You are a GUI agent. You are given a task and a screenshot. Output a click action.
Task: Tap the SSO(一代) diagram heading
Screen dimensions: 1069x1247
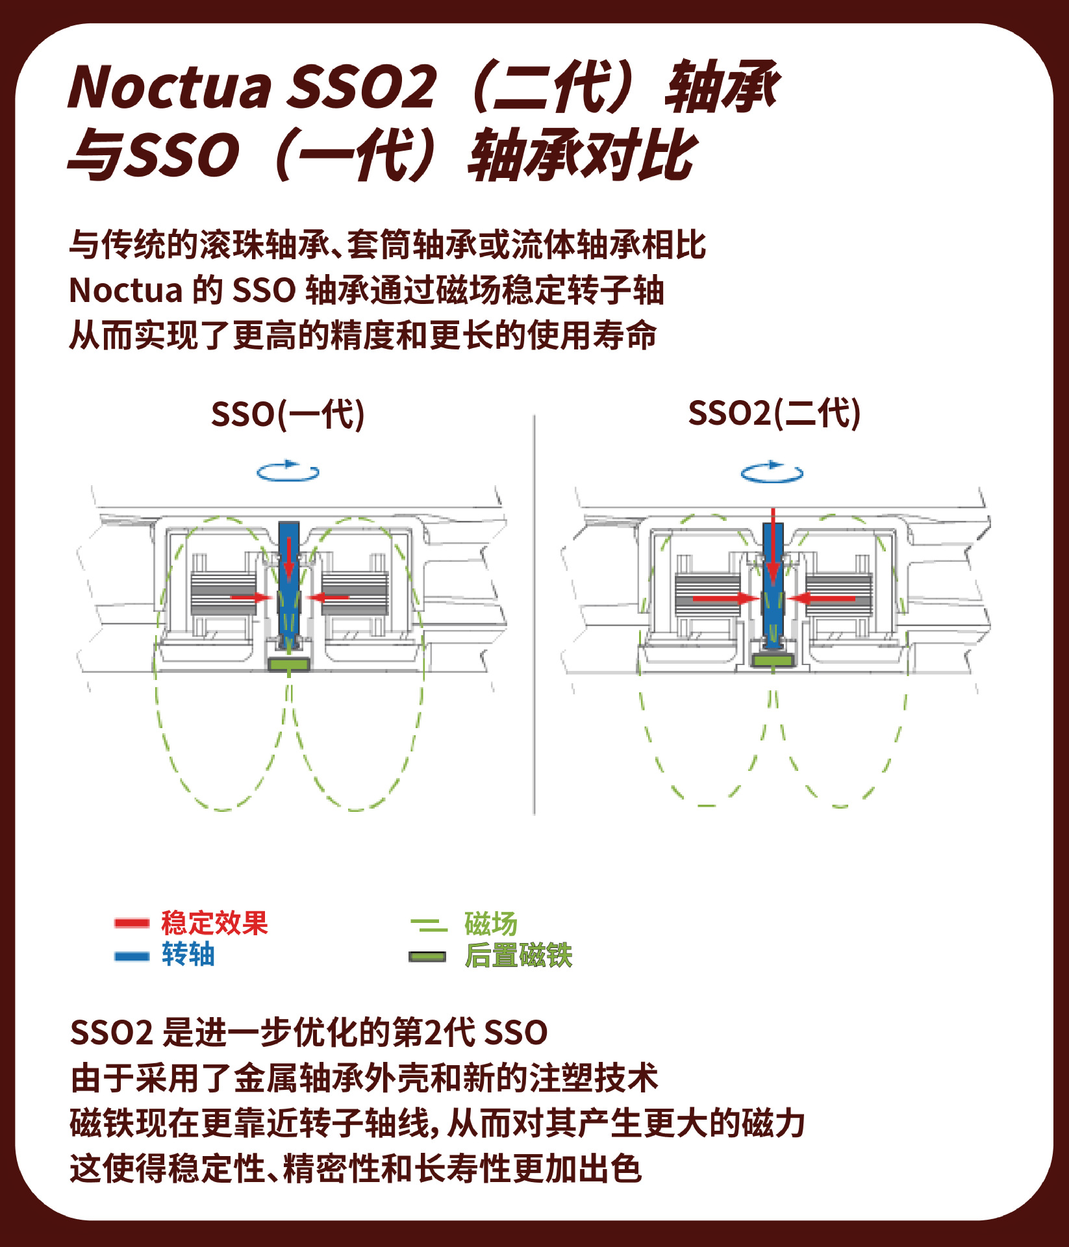point(288,414)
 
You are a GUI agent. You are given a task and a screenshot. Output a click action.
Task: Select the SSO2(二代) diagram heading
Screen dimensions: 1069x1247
point(774,413)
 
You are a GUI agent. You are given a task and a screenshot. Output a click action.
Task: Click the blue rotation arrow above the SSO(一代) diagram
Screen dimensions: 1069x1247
point(288,472)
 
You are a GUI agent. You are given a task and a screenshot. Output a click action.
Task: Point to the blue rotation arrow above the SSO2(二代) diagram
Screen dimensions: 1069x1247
point(772,472)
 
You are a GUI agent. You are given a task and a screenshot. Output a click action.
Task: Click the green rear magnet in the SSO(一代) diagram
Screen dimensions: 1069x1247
point(289,664)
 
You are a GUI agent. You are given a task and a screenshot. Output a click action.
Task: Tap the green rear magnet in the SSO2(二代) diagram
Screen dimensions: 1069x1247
point(773,661)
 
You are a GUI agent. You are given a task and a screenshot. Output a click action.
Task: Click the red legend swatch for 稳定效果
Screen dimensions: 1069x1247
point(132,923)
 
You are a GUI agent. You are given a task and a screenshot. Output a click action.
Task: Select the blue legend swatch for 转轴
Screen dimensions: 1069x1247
point(132,956)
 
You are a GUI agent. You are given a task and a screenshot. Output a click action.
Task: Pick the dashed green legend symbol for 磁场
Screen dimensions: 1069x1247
point(429,924)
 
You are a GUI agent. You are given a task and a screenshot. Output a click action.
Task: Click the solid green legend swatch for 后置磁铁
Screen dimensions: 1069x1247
point(427,957)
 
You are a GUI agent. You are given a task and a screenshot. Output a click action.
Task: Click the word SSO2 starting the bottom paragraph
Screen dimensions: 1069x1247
point(111,1033)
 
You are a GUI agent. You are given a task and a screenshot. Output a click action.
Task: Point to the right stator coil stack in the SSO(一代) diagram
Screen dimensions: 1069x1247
point(355,592)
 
